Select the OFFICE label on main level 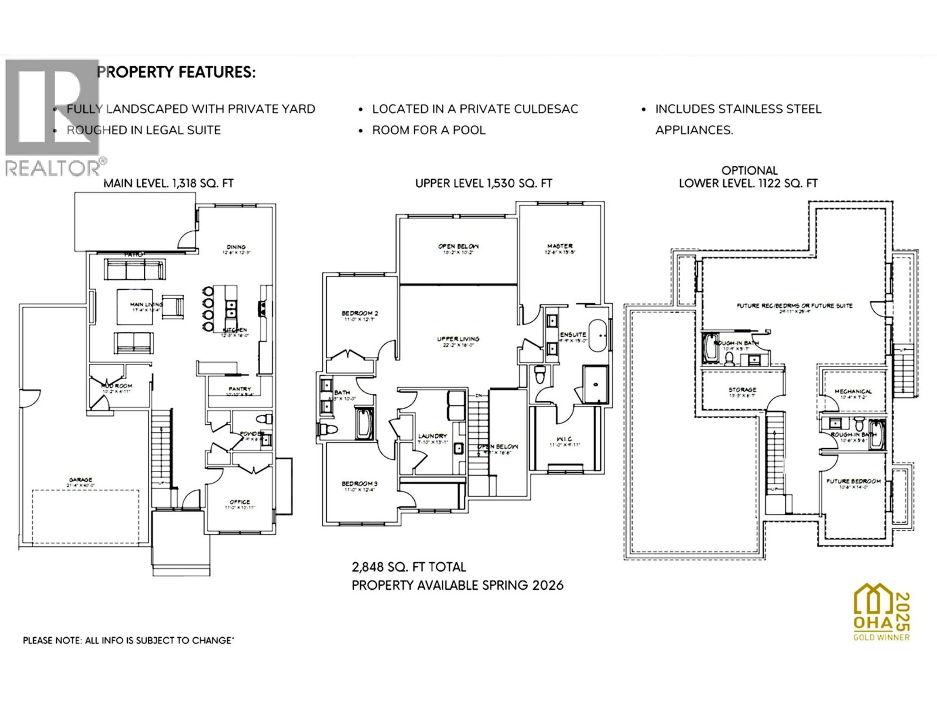pyautogui.click(x=240, y=502)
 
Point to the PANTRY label pyautogui.click(x=240, y=389)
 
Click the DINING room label pyautogui.click(x=236, y=247)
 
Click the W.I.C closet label pyautogui.click(x=565, y=439)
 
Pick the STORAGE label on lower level pyautogui.click(x=742, y=389)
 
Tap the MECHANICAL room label pyautogui.click(x=853, y=391)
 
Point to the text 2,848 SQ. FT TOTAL pyautogui.click(x=409, y=567)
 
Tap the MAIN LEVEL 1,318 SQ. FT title pyautogui.click(x=169, y=183)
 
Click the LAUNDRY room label pyautogui.click(x=432, y=436)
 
